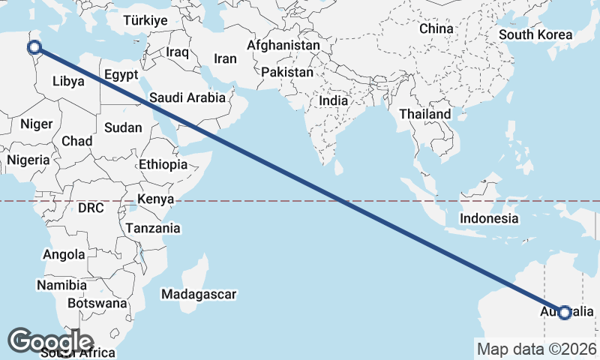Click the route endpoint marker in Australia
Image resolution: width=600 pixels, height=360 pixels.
click(565, 312)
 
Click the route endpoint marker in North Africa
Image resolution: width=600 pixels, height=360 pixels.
click(34, 48)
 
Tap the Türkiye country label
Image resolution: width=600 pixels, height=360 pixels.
click(145, 21)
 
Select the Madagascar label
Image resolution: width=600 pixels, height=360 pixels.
click(199, 294)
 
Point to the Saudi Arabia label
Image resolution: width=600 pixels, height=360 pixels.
click(187, 97)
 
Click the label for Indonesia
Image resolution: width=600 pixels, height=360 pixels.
click(490, 218)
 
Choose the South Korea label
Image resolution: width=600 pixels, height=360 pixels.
click(535, 34)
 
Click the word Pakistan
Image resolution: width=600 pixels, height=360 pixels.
click(287, 73)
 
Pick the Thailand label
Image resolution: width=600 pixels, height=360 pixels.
click(425, 114)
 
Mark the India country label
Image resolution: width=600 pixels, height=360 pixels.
click(334, 100)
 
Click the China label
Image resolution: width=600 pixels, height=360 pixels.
click(436, 28)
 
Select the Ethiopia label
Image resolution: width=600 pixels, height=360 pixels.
click(163, 164)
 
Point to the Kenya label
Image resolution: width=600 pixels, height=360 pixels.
click(155, 199)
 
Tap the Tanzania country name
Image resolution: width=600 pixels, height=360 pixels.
click(153, 228)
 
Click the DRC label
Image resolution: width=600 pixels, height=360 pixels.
click(91, 208)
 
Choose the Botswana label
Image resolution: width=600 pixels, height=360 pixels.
click(97, 304)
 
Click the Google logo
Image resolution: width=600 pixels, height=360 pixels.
click(51, 340)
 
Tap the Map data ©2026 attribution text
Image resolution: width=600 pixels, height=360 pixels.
click(537, 349)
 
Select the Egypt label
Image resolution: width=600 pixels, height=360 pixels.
click(121, 75)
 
